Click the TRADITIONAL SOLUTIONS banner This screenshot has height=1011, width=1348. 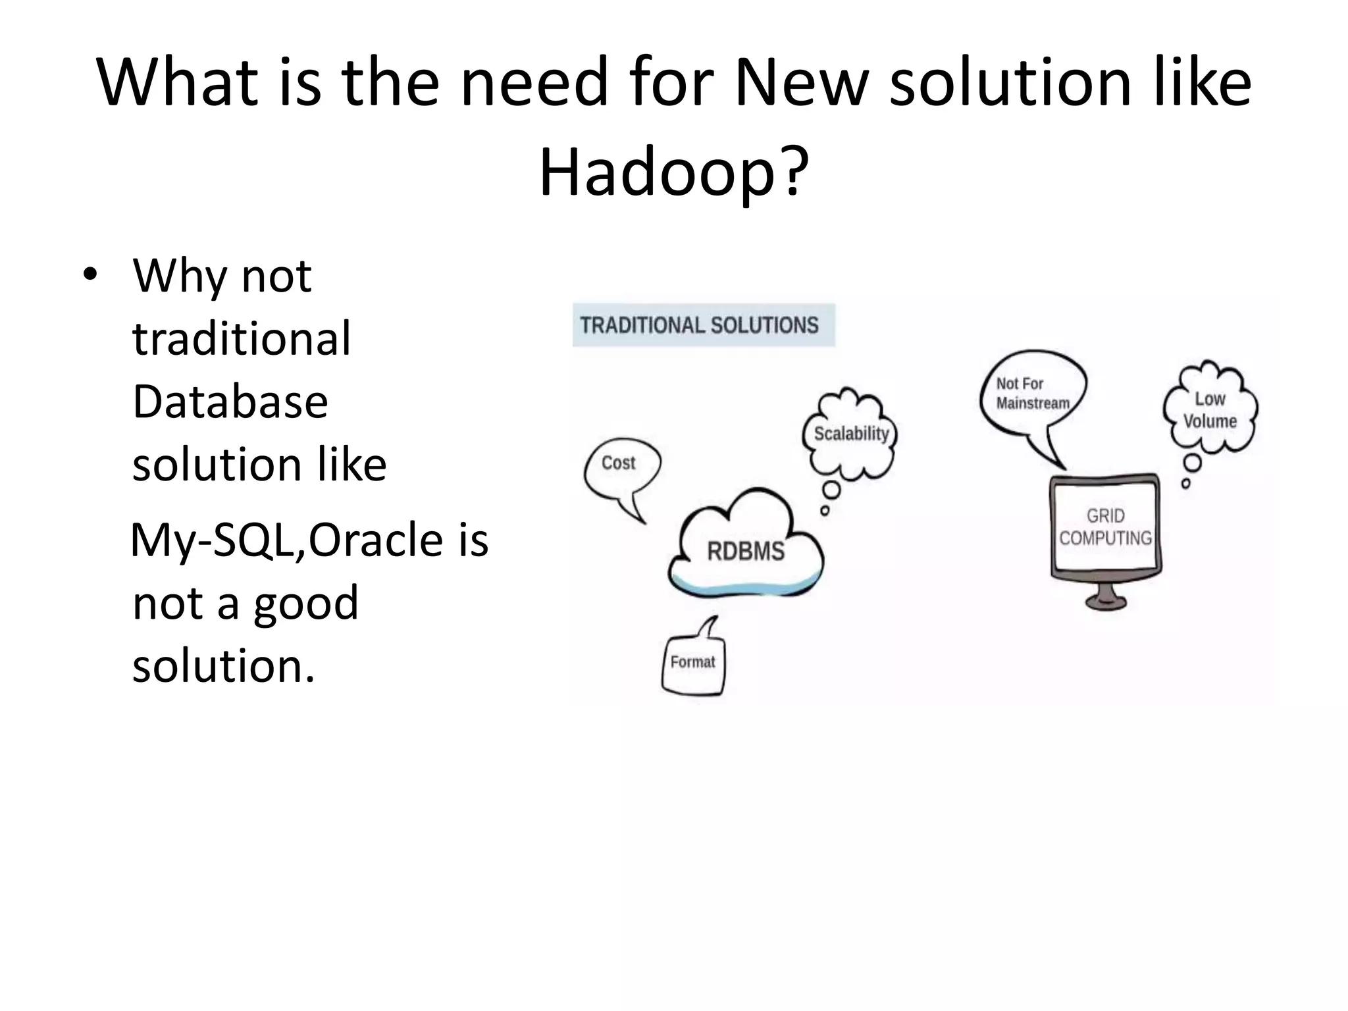(x=702, y=325)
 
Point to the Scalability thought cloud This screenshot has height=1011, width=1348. (x=850, y=434)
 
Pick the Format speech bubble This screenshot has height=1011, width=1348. (x=692, y=663)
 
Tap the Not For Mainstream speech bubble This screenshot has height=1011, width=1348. (x=1031, y=394)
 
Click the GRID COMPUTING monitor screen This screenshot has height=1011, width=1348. (x=1105, y=527)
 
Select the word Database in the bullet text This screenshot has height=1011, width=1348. (x=230, y=402)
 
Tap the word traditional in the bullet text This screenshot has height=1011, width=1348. (x=241, y=338)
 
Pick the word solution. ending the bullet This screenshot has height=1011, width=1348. (x=223, y=666)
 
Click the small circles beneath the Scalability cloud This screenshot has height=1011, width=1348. (x=829, y=498)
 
